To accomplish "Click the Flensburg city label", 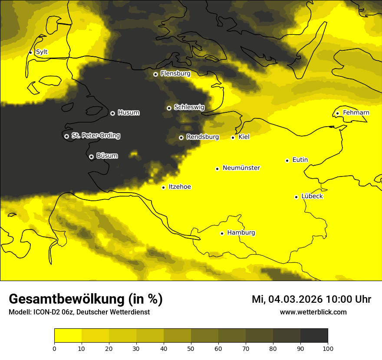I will click(175, 74).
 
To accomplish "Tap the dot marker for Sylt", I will click(30, 52).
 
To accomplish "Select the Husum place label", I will click(128, 113).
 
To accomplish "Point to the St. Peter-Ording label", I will click(95, 136).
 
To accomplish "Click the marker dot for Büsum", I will click(91, 157).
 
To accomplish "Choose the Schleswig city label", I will click(189, 107).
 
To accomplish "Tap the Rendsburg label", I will click(202, 137).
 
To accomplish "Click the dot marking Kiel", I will click(233, 137).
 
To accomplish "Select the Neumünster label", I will click(241, 168).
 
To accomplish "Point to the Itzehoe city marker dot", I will click(163, 187).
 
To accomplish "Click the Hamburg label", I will click(241, 232).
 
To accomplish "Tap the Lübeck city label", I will click(312, 196).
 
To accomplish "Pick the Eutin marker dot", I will click(287, 160).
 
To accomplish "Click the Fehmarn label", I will click(356, 113).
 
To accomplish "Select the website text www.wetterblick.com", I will click(313, 312).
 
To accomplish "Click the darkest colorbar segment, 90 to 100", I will click(314, 336).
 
